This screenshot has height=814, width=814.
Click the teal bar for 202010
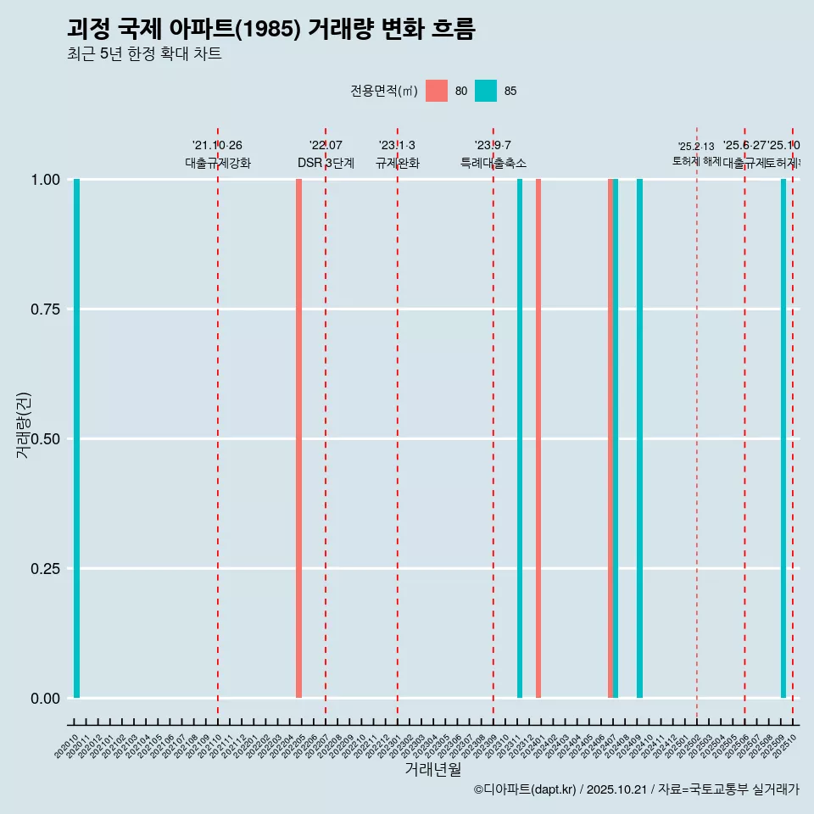tap(76, 438)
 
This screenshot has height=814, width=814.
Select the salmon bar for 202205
tap(298, 438)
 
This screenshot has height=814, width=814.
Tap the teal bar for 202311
tap(520, 438)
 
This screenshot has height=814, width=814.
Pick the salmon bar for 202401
tap(538, 438)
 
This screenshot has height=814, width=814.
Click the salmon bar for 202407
tap(610, 438)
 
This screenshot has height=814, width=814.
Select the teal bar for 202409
tap(639, 438)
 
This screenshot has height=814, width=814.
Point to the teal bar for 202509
tap(783, 438)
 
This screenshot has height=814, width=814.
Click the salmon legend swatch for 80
tap(437, 91)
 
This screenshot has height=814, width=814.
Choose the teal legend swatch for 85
tap(486, 91)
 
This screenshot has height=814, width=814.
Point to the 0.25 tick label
tap(44, 569)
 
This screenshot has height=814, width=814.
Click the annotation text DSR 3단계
tap(326, 163)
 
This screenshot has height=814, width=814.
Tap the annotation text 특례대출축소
tap(493, 163)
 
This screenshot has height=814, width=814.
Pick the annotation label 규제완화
tap(398, 163)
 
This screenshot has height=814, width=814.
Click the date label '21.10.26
tap(217, 145)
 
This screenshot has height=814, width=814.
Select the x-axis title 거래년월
tap(432, 770)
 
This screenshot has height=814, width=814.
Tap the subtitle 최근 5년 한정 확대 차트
tap(144, 54)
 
